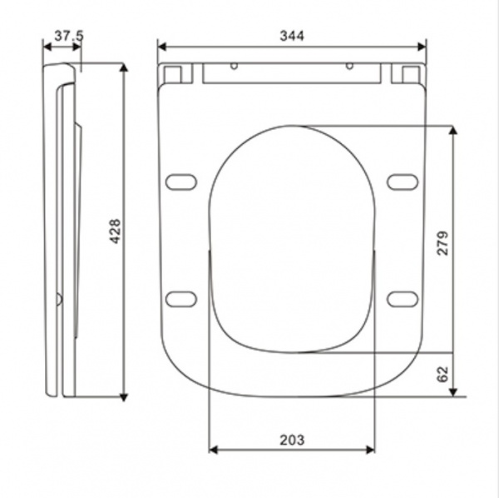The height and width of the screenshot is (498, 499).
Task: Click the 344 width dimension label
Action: click(x=292, y=36)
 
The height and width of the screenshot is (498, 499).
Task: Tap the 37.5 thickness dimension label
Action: click(x=69, y=35)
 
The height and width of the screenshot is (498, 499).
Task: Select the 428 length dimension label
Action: click(x=115, y=232)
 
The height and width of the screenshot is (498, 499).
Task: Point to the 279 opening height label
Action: click(x=442, y=243)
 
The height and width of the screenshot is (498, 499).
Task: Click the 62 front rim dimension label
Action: click(x=442, y=374)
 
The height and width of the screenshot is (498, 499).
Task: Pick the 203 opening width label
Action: click(x=292, y=440)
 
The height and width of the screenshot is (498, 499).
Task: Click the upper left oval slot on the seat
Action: click(x=181, y=182)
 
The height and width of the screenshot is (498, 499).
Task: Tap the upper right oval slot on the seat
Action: click(x=403, y=182)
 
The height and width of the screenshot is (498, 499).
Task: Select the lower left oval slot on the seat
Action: click(x=181, y=299)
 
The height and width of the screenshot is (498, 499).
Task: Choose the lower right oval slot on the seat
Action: click(x=403, y=299)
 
